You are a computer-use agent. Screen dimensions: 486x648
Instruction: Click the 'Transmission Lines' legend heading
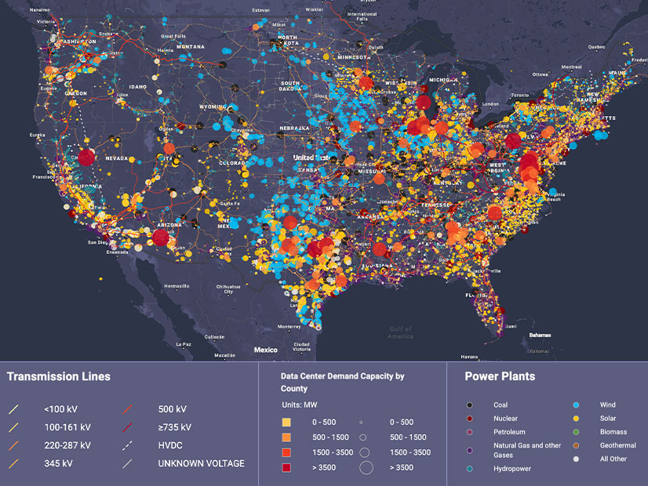[59, 376]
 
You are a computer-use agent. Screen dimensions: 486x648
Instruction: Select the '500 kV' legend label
[172, 409]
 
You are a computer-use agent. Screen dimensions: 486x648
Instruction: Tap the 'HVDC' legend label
[171, 445]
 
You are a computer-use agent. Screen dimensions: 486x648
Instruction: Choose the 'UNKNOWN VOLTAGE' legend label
[201, 463]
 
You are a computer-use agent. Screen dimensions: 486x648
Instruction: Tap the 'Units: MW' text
[301, 404]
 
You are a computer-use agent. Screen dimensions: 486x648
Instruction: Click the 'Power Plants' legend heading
[500, 376]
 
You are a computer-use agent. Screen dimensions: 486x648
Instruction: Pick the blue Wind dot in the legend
[581, 405]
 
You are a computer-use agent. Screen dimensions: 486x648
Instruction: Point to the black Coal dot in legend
[469, 405]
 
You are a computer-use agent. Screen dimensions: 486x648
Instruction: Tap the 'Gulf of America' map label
[400, 332]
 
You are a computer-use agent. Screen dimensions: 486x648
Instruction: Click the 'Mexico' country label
[265, 350]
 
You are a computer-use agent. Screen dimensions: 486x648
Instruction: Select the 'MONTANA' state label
[190, 46]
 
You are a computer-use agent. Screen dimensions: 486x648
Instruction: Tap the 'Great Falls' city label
[172, 36]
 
